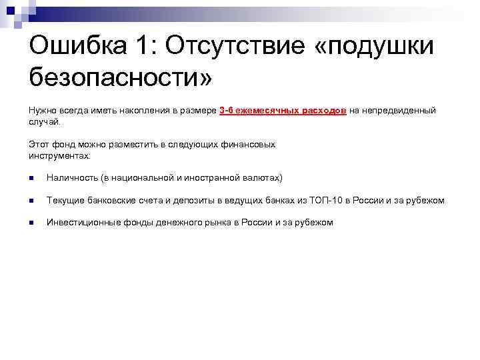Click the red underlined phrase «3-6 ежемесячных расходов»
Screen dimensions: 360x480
(x=282, y=110)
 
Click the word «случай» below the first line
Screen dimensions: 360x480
(x=44, y=121)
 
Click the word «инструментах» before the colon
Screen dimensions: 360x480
(x=58, y=155)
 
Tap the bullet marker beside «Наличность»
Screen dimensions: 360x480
(x=32, y=178)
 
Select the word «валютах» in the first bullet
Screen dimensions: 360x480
(x=264, y=178)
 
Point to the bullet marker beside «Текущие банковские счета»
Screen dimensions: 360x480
(x=32, y=201)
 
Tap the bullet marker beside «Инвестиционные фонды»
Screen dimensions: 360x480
(x=32, y=223)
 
